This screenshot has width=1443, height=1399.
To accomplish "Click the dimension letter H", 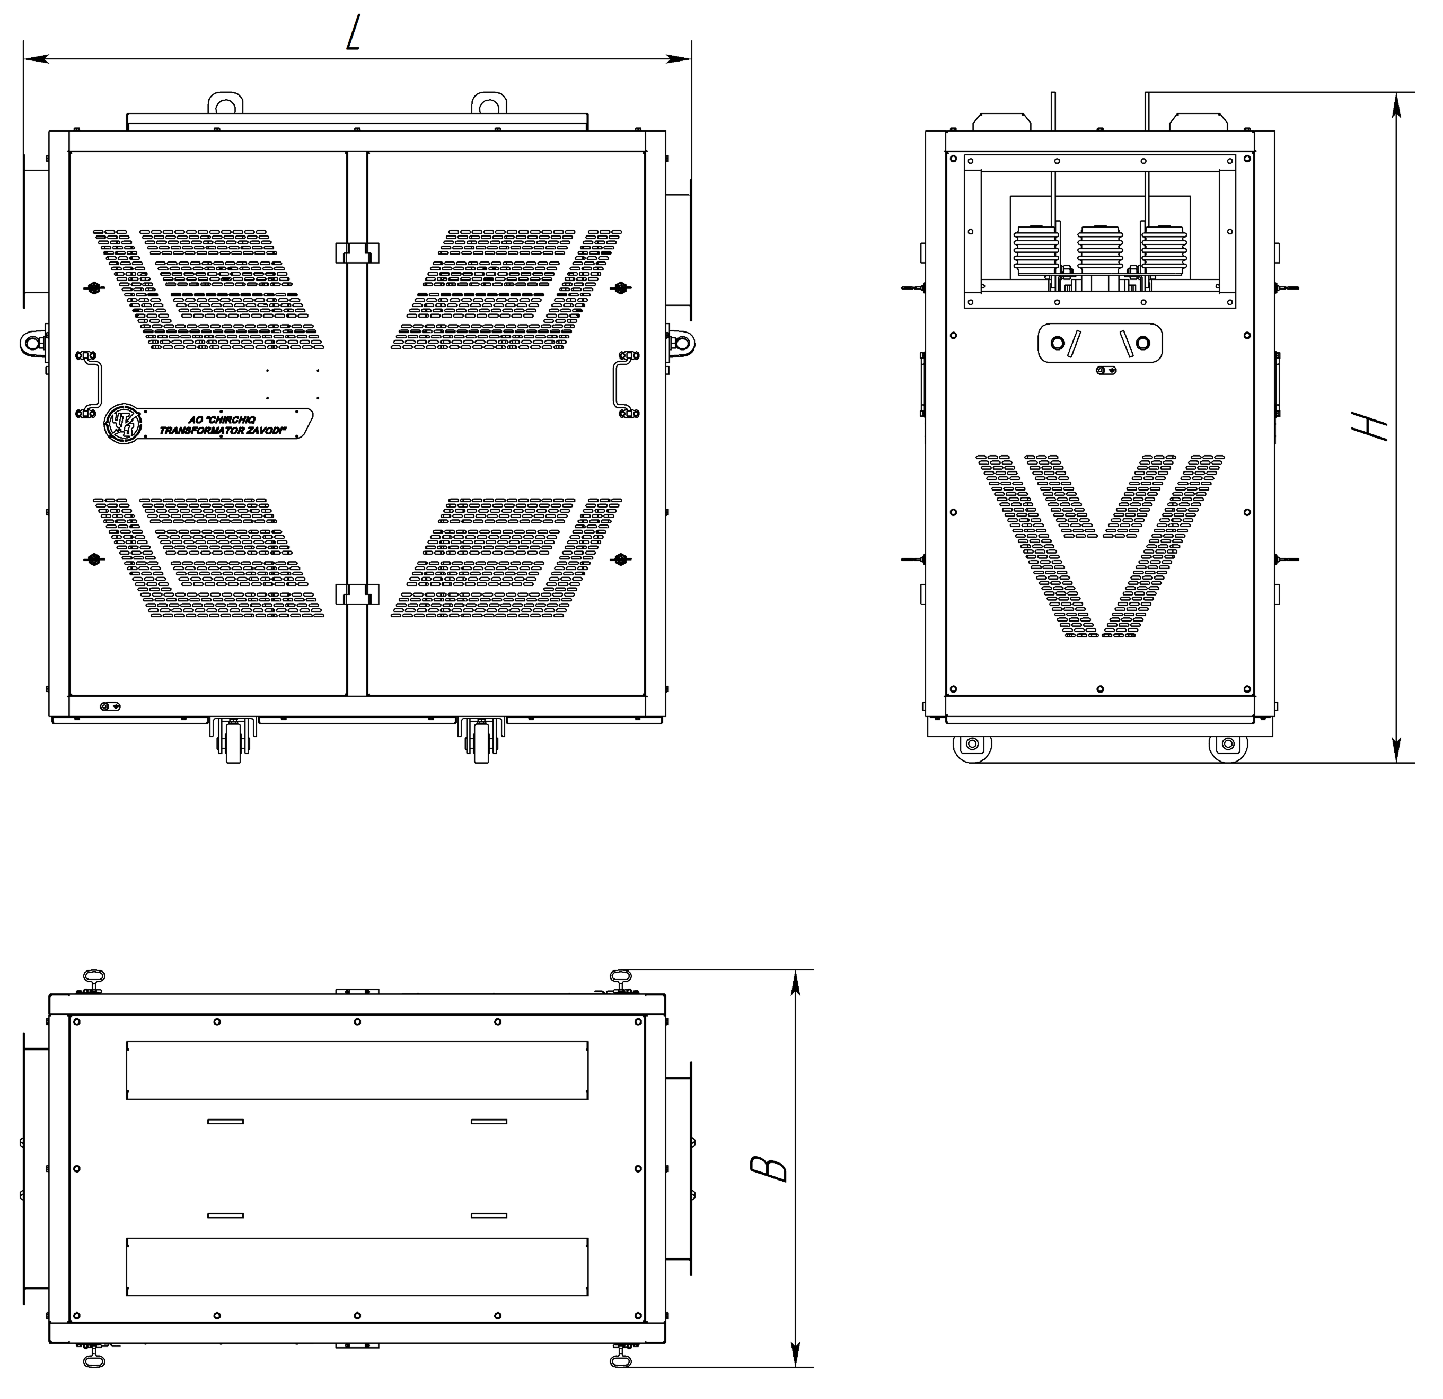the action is tap(1371, 426).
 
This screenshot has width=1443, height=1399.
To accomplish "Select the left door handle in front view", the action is tap(89, 384).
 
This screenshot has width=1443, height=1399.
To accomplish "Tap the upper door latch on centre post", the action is tap(357, 252).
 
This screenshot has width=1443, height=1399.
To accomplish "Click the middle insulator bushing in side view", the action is tap(1101, 250).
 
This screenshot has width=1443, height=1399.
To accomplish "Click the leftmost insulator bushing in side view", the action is tap(1036, 250).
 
